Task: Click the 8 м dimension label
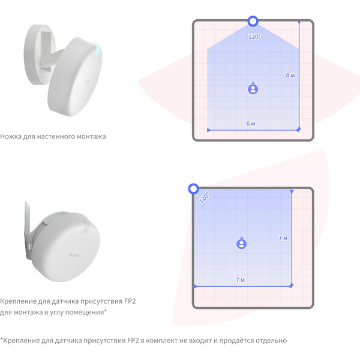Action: pos(290,76)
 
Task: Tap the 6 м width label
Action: pos(251,124)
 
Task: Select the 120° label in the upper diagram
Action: pos(254,37)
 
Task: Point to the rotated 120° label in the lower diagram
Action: pos(204,197)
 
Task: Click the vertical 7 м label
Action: pos(283,238)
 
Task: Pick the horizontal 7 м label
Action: pos(241,280)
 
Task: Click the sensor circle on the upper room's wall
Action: pos(253,22)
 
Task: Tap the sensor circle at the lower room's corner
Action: pos(194,189)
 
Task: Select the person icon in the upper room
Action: pos(253,88)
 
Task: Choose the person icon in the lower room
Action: pos(242,243)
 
